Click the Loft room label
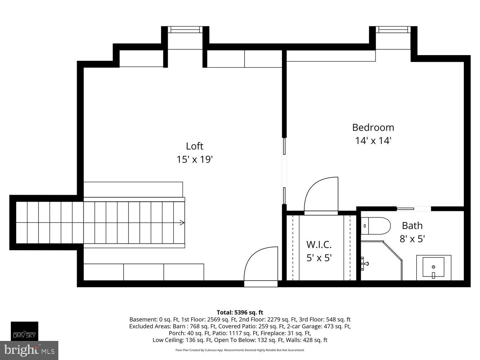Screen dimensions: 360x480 194,146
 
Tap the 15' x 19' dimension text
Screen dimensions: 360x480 194,159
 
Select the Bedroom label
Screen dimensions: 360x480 373,127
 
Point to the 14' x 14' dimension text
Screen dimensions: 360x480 373,140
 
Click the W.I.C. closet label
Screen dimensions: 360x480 319,244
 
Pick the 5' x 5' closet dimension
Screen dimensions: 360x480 319,258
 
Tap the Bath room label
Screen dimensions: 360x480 412,226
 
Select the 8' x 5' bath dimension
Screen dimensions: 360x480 412,239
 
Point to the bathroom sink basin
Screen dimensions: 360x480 434,267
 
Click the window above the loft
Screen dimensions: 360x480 185,30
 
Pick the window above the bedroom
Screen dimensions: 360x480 393,30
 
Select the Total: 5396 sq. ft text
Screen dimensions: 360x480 240,312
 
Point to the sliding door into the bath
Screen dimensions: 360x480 413,208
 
